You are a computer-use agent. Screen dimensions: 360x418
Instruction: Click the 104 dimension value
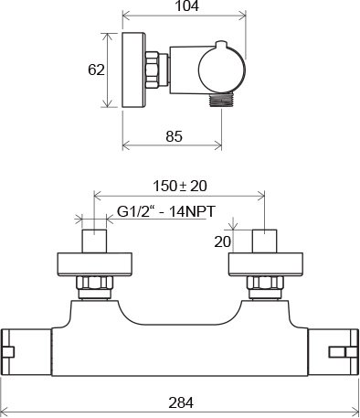pyautogui.click(x=186, y=5)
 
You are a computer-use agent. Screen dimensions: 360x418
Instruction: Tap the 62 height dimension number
pyautogui.click(x=96, y=70)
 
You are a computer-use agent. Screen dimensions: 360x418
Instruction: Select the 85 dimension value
pyautogui.click(x=174, y=136)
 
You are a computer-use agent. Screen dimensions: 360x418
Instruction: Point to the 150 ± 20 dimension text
pyautogui.click(x=180, y=186)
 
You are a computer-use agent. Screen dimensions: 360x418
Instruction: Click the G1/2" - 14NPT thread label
pyautogui.click(x=166, y=211)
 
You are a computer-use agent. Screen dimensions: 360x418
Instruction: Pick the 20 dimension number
pyautogui.click(x=223, y=241)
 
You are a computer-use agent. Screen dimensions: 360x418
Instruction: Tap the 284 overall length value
pyautogui.click(x=181, y=402)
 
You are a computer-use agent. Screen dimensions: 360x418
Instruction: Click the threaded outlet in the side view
pyautogui.click(x=221, y=100)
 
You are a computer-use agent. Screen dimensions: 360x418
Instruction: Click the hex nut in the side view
pyautogui.click(x=152, y=70)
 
